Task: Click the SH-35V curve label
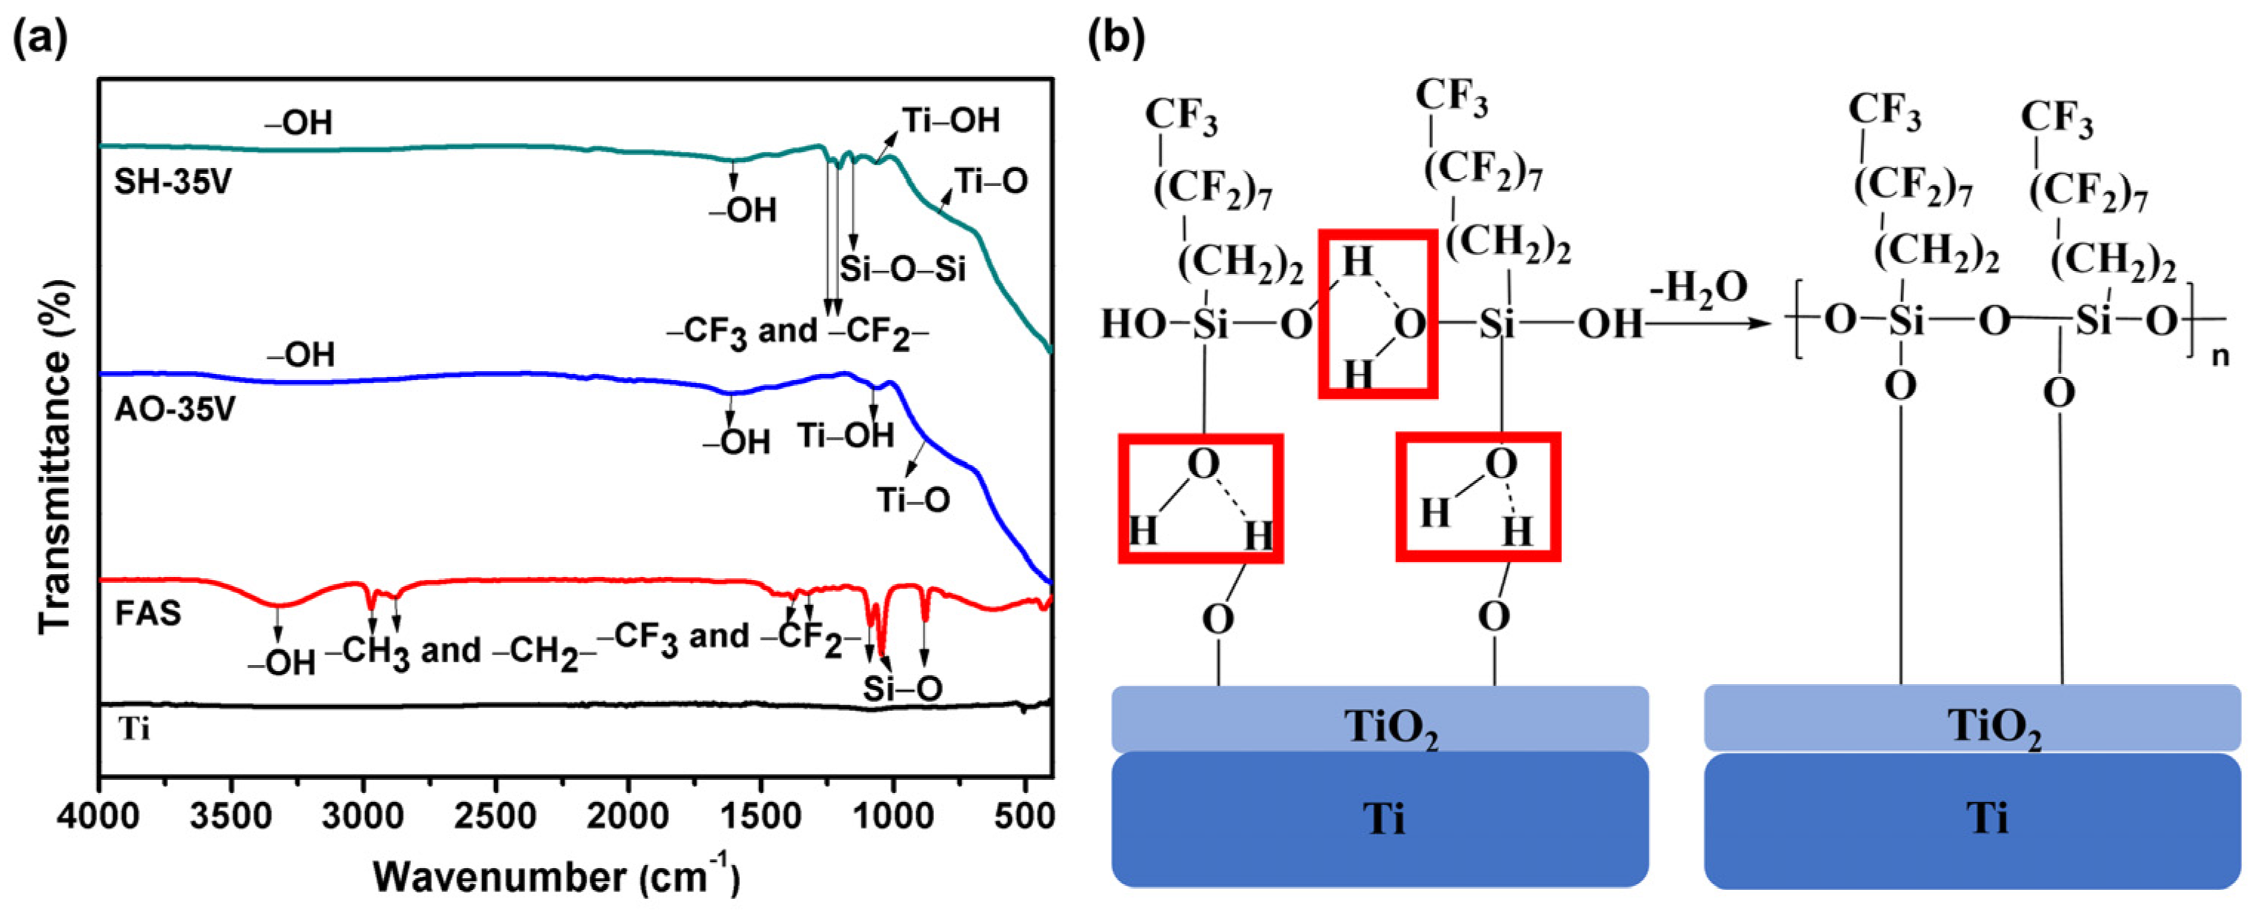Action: tap(173, 184)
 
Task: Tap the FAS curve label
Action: tap(148, 613)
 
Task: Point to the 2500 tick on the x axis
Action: tap(495, 817)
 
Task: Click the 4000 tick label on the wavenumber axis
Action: tap(98, 817)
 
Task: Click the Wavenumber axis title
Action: tap(556, 876)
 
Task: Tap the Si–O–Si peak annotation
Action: tap(903, 268)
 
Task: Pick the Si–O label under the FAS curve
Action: tap(903, 689)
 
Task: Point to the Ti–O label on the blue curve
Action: tap(913, 500)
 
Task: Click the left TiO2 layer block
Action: tap(1379, 720)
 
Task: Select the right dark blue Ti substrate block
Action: tap(1972, 819)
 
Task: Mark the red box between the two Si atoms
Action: tap(1378, 314)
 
